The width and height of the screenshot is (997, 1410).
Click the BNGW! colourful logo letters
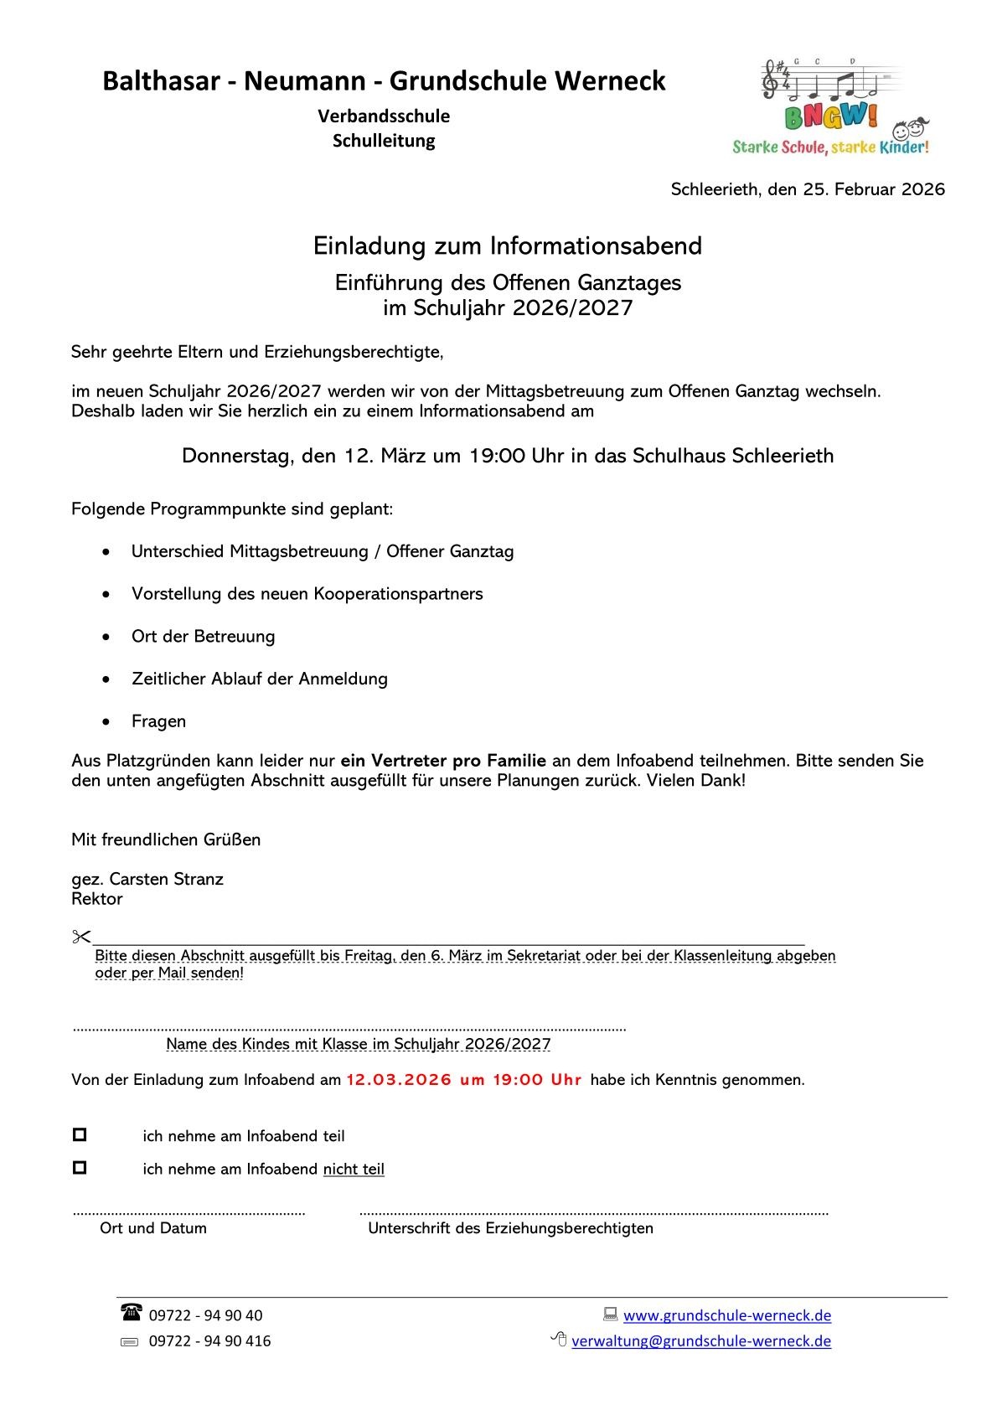tap(831, 116)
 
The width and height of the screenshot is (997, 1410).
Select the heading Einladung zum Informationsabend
tap(508, 245)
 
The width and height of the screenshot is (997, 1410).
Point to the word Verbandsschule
tap(384, 116)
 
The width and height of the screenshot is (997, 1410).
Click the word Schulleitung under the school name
tap(384, 141)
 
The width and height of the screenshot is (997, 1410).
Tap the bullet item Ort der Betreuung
tap(203, 637)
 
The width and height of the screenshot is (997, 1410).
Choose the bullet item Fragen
tap(158, 721)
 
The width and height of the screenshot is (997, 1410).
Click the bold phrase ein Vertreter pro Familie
tap(443, 761)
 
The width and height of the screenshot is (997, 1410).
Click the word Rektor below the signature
tap(97, 899)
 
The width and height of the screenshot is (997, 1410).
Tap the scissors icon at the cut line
tap(81, 937)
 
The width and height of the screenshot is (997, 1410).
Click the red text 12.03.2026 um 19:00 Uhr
tap(464, 1080)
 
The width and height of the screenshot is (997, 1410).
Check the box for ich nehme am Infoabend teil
tap(80, 1135)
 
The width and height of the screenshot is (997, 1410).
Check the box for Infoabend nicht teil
tap(80, 1167)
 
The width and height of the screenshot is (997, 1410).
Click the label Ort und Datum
tap(153, 1228)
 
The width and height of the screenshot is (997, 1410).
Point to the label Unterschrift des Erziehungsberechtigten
tap(510, 1228)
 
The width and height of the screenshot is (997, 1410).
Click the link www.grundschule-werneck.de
tap(727, 1315)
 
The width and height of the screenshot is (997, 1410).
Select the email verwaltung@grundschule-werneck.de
tap(701, 1340)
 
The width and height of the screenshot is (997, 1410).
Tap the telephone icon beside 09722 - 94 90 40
tap(132, 1313)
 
